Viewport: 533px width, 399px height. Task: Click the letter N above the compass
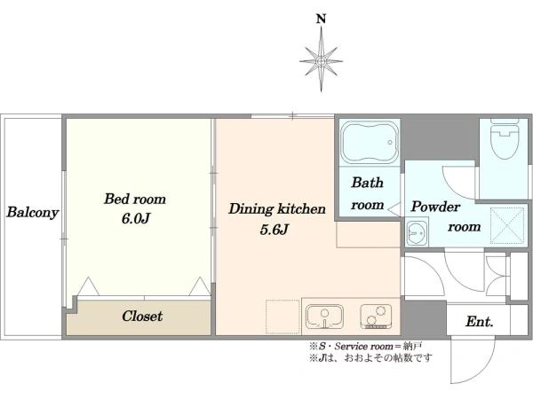[x=322, y=19]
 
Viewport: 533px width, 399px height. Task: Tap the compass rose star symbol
[x=322, y=61]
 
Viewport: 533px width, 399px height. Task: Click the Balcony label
[x=33, y=213]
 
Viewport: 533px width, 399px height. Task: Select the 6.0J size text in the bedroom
[x=136, y=219]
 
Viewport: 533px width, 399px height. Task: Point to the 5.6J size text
[x=274, y=230]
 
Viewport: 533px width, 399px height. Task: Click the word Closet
[x=142, y=317]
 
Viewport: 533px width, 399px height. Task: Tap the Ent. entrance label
[x=480, y=321]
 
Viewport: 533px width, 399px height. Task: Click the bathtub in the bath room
[x=370, y=143]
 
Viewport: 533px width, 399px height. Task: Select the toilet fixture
[x=505, y=139]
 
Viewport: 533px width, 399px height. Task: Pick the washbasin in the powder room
[x=417, y=232]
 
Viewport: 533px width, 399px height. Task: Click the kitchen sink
[x=324, y=317]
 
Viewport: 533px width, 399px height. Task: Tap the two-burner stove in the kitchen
[x=376, y=317]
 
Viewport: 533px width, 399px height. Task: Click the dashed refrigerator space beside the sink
[x=282, y=317]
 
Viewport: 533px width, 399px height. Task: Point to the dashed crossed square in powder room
[x=507, y=225]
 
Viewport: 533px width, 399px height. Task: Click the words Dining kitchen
[x=277, y=209]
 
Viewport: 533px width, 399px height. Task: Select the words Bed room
[x=135, y=199]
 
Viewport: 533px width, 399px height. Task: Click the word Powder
[x=435, y=207]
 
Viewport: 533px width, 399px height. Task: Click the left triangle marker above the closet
[x=88, y=286]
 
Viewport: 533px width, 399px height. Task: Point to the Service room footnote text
[x=365, y=347]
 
